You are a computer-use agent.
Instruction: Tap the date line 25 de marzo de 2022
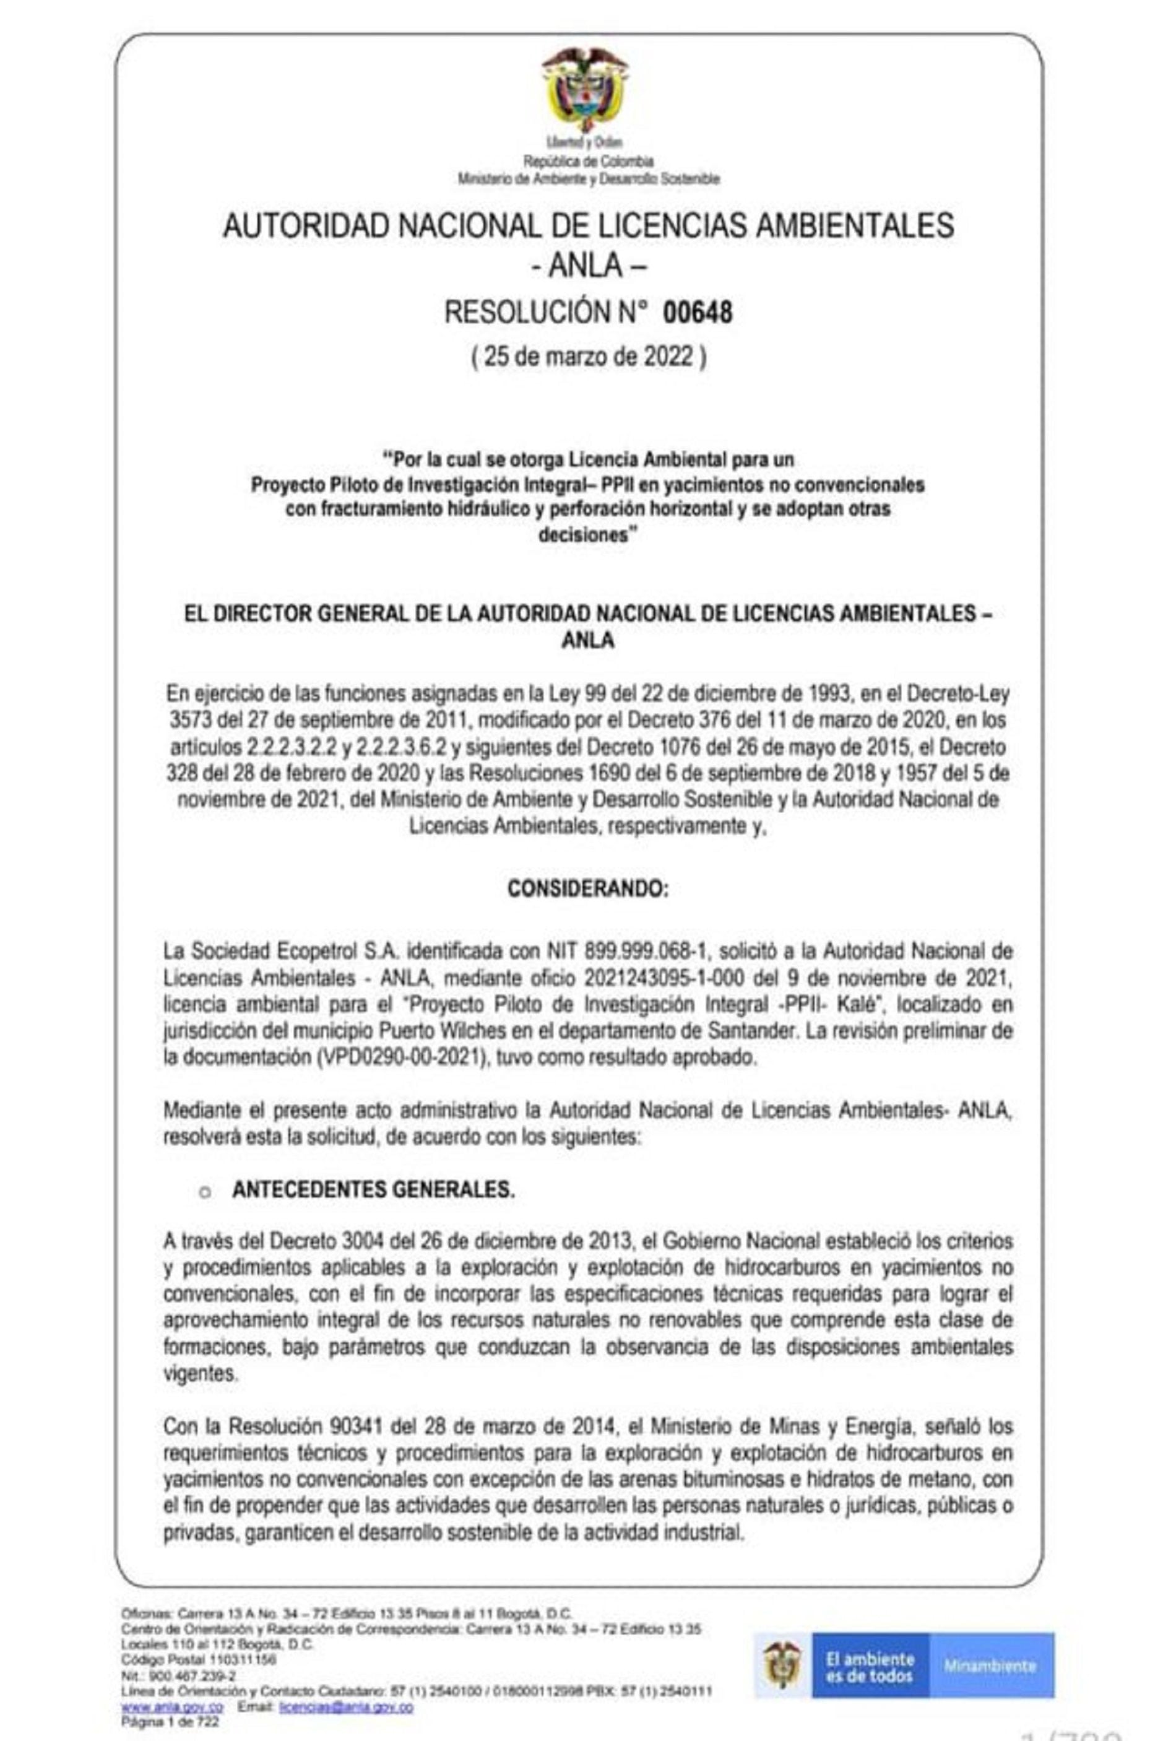[x=588, y=356]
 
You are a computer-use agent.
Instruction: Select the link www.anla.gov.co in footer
[x=172, y=1708]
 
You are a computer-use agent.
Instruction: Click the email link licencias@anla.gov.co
[x=345, y=1708]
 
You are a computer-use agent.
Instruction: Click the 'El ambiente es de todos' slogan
[x=869, y=1666]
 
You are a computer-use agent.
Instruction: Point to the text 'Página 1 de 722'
[x=170, y=1722]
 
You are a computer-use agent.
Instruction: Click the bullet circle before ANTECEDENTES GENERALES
[x=204, y=1192]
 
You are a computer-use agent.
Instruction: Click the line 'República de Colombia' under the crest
[x=588, y=161]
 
